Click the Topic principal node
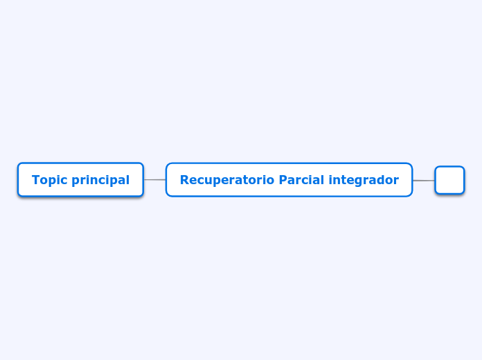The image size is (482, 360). (80, 180)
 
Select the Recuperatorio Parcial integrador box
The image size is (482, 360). (289, 180)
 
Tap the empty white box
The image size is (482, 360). (449, 180)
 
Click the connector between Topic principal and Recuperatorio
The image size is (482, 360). (154, 180)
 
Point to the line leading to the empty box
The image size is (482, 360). (424, 180)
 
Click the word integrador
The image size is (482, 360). (364, 180)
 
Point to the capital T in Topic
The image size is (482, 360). (35, 180)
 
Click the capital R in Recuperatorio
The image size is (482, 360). (184, 180)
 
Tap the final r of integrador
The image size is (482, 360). (396, 181)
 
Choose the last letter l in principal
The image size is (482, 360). (127, 180)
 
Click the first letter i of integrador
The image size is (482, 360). (330, 180)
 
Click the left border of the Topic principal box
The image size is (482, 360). (18, 180)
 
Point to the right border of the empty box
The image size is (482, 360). (464, 180)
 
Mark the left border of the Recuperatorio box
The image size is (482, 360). (166, 180)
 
